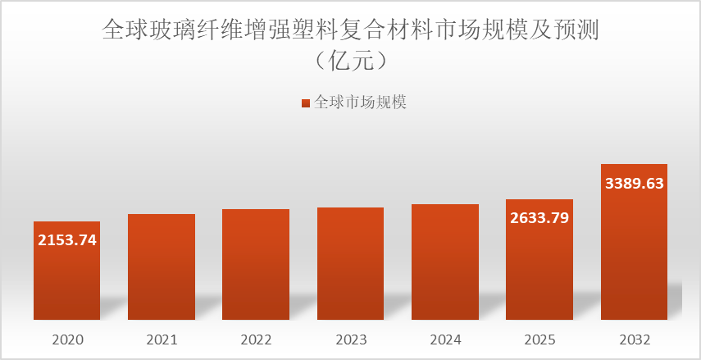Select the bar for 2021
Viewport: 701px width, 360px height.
pos(162,267)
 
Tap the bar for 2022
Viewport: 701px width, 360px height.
pos(256,264)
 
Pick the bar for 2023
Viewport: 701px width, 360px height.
pos(350,263)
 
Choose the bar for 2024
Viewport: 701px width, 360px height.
pos(445,262)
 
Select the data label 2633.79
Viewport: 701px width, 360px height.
pos(539,218)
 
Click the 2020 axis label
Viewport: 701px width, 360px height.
pos(67,339)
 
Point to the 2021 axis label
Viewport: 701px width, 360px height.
pos(162,339)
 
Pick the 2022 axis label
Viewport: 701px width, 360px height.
pos(256,339)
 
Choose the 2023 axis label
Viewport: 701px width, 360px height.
pos(350,339)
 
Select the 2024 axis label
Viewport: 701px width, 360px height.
pos(445,339)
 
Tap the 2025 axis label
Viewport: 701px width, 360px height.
pos(539,339)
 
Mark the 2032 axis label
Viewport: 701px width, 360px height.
pos(634,339)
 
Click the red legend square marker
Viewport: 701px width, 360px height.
pos(306,103)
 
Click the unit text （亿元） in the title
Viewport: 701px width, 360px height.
pos(350,62)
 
